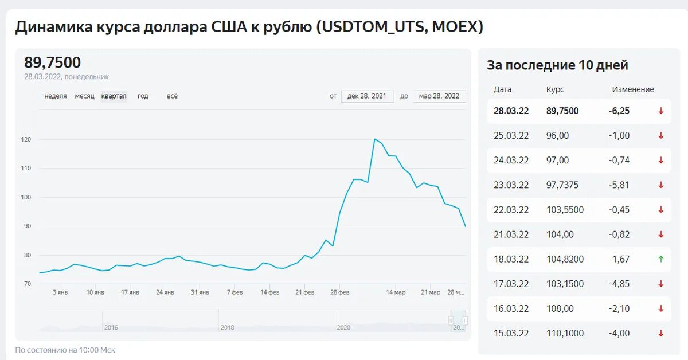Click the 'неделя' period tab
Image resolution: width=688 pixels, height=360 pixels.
click(56, 96)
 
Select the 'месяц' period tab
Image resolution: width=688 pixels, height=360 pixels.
click(84, 96)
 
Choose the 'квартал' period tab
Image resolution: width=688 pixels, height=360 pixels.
click(114, 96)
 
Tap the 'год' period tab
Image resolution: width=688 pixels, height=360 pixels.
click(143, 96)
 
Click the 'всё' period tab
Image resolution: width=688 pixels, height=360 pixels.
click(172, 96)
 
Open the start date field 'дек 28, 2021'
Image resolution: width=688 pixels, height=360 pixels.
click(367, 96)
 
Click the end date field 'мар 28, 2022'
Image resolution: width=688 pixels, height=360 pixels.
click(439, 96)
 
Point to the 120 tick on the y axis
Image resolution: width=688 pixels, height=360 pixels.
click(26, 139)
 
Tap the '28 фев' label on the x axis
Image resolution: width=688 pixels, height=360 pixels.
click(339, 292)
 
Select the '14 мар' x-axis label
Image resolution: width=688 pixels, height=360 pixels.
click(395, 292)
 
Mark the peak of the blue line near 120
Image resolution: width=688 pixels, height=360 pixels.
click(374, 139)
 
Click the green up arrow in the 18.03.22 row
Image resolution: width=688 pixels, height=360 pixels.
click(660, 259)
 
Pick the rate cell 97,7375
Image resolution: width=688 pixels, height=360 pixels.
click(562, 185)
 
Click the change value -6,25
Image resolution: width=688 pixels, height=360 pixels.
click(619, 111)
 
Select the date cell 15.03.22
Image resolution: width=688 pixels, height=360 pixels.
click(511, 333)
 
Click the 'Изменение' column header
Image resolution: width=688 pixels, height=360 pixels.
click(633, 89)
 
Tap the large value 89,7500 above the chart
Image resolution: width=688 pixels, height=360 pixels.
click(53, 62)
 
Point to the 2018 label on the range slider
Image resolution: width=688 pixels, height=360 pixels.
click(227, 327)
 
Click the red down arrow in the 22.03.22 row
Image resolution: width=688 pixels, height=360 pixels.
click(660, 210)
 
